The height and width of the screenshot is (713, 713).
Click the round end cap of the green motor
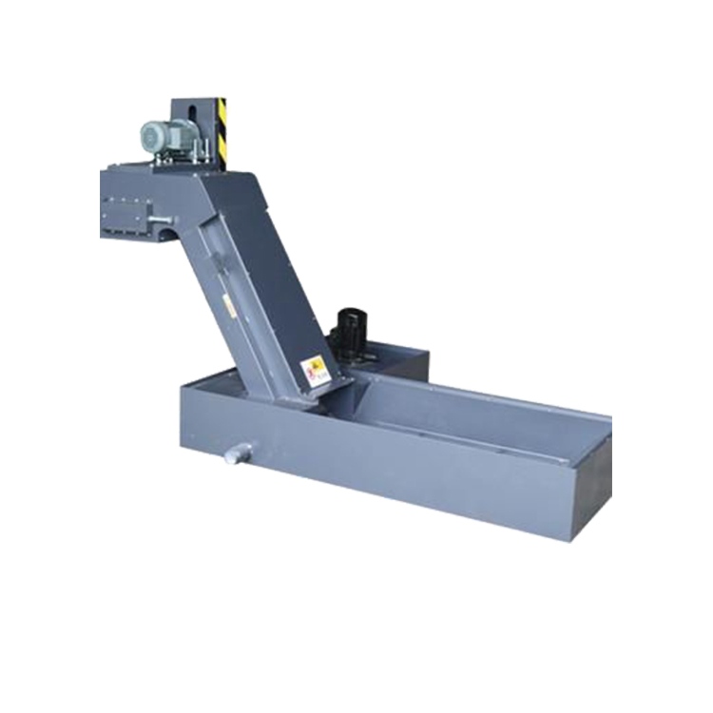146,139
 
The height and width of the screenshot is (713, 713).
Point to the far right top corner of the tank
608,418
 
